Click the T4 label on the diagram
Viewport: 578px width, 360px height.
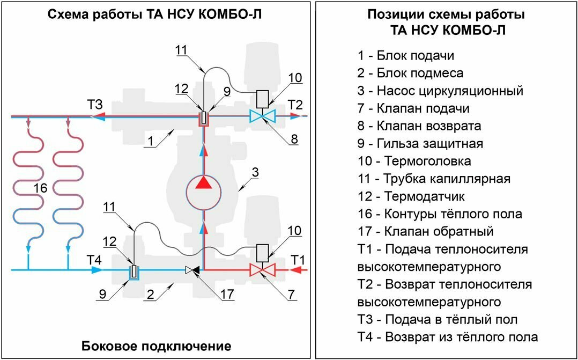click(95, 260)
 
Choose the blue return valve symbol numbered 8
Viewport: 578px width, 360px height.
click(263, 115)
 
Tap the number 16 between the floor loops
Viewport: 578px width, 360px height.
click(40, 188)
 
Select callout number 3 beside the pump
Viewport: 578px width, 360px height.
click(255, 173)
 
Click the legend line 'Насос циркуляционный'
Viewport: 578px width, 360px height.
click(440, 91)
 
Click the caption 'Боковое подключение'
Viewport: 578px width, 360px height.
click(157, 346)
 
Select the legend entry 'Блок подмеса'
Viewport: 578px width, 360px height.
click(411, 73)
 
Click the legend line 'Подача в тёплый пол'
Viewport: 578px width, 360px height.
click(438, 320)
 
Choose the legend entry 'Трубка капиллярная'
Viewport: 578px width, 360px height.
click(434, 179)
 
